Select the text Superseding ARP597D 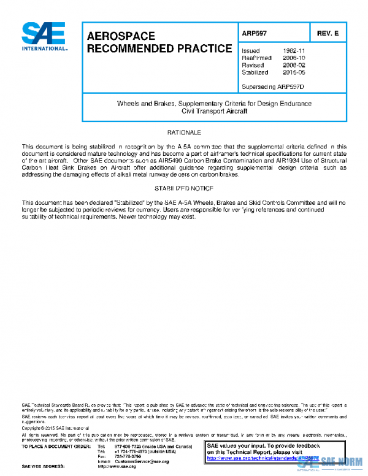pos(273,86)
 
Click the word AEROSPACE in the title pos(121,36)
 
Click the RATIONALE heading pos(184,132)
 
